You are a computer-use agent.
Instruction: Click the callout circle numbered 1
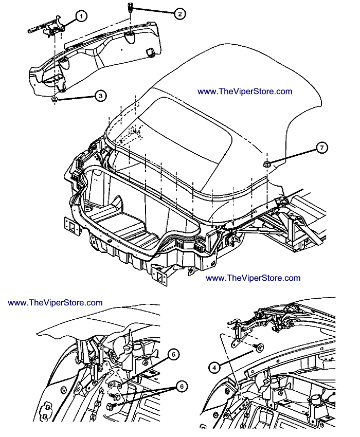pos(81,16)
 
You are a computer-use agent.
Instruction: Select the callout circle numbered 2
pos(179,14)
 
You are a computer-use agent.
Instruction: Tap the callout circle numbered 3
pos(101,95)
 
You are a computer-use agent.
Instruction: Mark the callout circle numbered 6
pos(181,385)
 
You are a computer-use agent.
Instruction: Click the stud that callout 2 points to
pos(129,8)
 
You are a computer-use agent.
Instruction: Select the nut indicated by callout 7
pos(267,164)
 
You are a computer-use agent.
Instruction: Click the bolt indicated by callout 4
pos(258,348)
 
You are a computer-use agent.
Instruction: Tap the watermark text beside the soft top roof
pos(245,92)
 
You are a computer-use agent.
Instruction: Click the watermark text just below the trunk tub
pos(253,278)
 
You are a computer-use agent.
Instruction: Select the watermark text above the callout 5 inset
pos(55,303)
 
